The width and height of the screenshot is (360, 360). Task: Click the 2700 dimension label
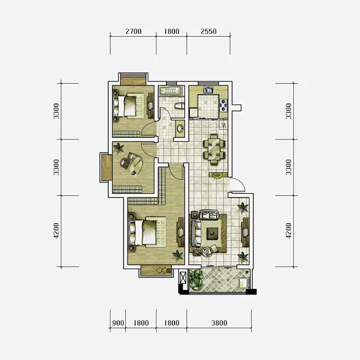[133, 31]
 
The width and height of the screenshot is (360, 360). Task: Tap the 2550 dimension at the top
[208, 31]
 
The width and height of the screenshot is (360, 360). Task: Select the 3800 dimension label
[219, 323]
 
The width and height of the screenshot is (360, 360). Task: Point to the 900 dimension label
[118, 323]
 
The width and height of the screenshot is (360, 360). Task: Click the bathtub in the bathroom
[171, 90]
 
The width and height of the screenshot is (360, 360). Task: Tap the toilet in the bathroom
[179, 106]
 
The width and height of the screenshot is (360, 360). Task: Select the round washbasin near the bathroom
[180, 129]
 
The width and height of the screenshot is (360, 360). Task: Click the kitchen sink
[208, 90]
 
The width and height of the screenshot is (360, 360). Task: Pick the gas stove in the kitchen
[224, 105]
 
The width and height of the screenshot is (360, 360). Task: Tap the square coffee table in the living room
[212, 234]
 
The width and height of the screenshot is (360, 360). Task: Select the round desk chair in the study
[125, 163]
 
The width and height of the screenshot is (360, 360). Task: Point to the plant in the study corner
[118, 148]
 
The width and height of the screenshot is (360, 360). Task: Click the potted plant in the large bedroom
[177, 256]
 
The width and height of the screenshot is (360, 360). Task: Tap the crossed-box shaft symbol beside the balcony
[183, 277]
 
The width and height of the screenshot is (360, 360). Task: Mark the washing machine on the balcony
[243, 283]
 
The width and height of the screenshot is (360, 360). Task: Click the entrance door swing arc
[240, 183]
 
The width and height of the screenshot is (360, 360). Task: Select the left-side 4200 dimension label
[56, 231]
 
